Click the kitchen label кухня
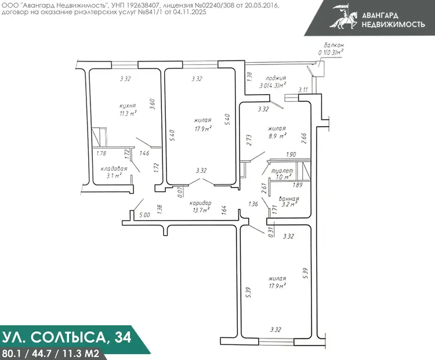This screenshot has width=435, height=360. coord(128,106)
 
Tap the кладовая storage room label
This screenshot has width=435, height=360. coord(114,169)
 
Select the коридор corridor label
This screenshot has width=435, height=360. coord(200,203)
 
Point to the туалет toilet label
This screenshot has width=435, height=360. coord(282,171)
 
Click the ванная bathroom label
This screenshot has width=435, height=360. coord(289,199)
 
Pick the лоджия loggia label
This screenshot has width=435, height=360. coord(275,78)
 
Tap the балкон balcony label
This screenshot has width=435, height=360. coord(334,45)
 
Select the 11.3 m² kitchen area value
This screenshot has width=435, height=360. coord(128,113)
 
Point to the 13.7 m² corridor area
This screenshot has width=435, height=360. coord(201,210)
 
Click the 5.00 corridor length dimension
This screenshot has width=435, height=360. coord(144,215)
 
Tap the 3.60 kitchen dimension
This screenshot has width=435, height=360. coord(152,104)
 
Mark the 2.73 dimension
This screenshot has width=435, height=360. coord(249,141)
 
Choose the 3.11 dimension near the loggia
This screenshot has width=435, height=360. coord(303,90)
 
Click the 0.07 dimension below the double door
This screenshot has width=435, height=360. coord(180,192)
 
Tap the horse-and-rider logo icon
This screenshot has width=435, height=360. coord(344,16)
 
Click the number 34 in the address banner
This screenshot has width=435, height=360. coord(122,337)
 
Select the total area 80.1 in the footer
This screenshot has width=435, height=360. coord(10,354)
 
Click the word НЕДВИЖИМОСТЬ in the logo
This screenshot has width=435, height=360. coord(393,24)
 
